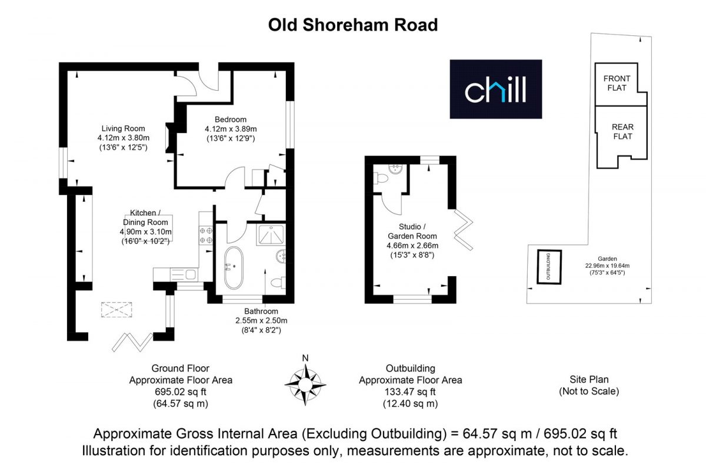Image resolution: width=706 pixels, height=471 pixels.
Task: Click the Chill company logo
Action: pyautogui.click(x=496, y=89)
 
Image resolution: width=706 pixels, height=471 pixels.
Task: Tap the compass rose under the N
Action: pyautogui.click(x=305, y=384)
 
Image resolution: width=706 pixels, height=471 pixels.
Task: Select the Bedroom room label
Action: pyautogui.click(x=231, y=120)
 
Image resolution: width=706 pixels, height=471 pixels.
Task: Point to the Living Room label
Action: pyautogui.click(x=123, y=128)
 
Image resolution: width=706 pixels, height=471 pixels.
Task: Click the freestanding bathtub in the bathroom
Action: pyautogui.click(x=234, y=267)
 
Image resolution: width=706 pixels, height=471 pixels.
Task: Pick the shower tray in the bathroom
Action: pyautogui.click(x=271, y=235)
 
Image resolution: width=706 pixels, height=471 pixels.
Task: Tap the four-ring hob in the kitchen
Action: pyautogui.click(x=206, y=235)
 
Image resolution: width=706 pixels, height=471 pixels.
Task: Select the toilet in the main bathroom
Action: pyautogui.click(x=278, y=283)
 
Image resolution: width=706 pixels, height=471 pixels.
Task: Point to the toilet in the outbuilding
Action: pyautogui.click(x=381, y=178)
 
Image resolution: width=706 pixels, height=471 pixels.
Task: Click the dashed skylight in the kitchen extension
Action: pyautogui.click(x=116, y=310)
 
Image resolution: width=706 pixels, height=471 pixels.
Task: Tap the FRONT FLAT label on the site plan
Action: pyautogui.click(x=617, y=83)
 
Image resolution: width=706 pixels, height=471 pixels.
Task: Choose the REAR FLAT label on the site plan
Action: pyautogui.click(x=622, y=131)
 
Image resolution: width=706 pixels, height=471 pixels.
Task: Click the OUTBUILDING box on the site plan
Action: pyautogui.click(x=550, y=267)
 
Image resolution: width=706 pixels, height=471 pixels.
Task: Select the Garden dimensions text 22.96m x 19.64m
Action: pyautogui.click(x=607, y=266)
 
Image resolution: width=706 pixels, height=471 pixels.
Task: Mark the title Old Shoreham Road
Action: pyautogui.click(x=353, y=25)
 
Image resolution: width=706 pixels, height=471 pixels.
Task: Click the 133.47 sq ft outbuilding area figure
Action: pyautogui.click(x=410, y=392)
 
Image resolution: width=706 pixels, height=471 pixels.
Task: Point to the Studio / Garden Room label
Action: pyautogui.click(x=412, y=231)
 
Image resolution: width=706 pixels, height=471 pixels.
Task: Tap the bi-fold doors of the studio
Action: pyautogui.click(x=464, y=230)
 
